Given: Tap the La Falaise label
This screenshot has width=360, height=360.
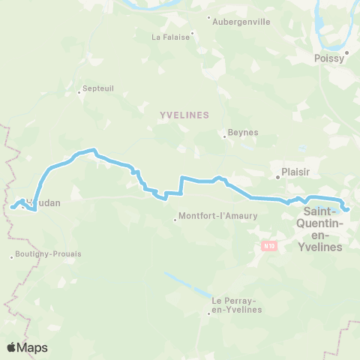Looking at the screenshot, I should pyautogui.click(x=169, y=36).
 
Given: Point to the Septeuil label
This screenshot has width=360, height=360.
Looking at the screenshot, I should pyautogui.click(x=97, y=88).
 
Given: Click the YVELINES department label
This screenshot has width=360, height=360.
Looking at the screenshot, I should pyautogui.click(x=184, y=115).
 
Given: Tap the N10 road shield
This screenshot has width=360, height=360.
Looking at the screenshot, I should pyautogui.click(x=268, y=245).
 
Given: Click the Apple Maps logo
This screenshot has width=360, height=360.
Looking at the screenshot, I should pyautogui.click(x=27, y=347).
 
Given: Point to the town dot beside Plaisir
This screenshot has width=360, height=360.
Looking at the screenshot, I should pyautogui.click(x=277, y=177).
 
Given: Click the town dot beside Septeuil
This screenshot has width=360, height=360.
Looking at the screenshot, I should pyautogui.click(x=79, y=93).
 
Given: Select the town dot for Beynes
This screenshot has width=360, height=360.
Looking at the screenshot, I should pyautogui.click(x=224, y=136).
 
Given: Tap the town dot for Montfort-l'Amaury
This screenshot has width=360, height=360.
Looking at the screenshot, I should pyautogui.click(x=175, y=220).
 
